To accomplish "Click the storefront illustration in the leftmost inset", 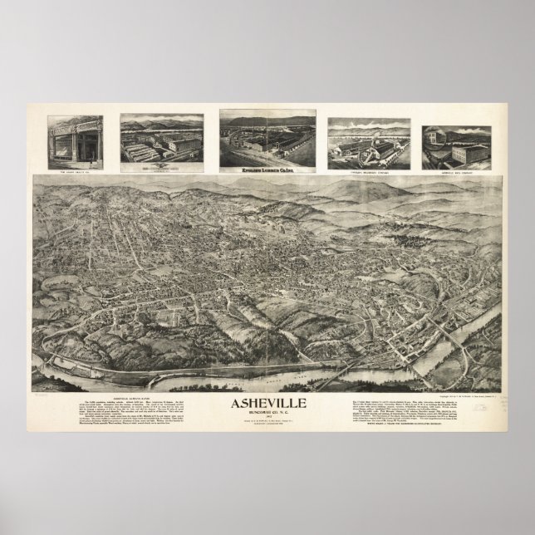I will tap(76, 142).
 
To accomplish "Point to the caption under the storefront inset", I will tap(76, 170).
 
